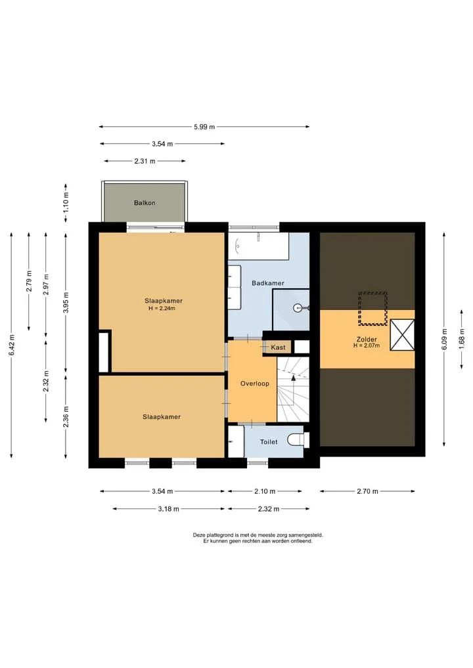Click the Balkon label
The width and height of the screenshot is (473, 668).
tap(145, 203)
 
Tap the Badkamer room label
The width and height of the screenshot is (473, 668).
tap(267, 283)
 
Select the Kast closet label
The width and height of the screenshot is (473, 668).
tap(279, 347)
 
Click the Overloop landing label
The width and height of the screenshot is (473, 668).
tap(255, 384)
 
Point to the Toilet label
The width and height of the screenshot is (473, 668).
tap(269, 442)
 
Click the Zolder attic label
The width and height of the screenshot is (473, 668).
tap(367, 340)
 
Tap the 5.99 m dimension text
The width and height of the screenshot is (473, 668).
tap(204, 127)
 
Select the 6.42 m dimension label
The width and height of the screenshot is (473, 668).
tap(12, 345)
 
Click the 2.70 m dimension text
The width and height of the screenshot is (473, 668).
tap(367, 491)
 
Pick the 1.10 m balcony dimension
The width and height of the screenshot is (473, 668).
tap(66, 203)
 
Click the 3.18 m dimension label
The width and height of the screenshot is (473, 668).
tap(168, 508)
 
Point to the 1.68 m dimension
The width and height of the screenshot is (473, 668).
tap(461, 339)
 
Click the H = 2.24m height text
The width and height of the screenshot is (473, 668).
tap(162, 308)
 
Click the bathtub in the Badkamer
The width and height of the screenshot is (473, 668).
tap(259, 246)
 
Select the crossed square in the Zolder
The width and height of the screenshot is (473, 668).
tap(402, 335)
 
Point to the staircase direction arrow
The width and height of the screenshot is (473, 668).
tap(293, 378)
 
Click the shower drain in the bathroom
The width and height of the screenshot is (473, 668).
tap(297, 307)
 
